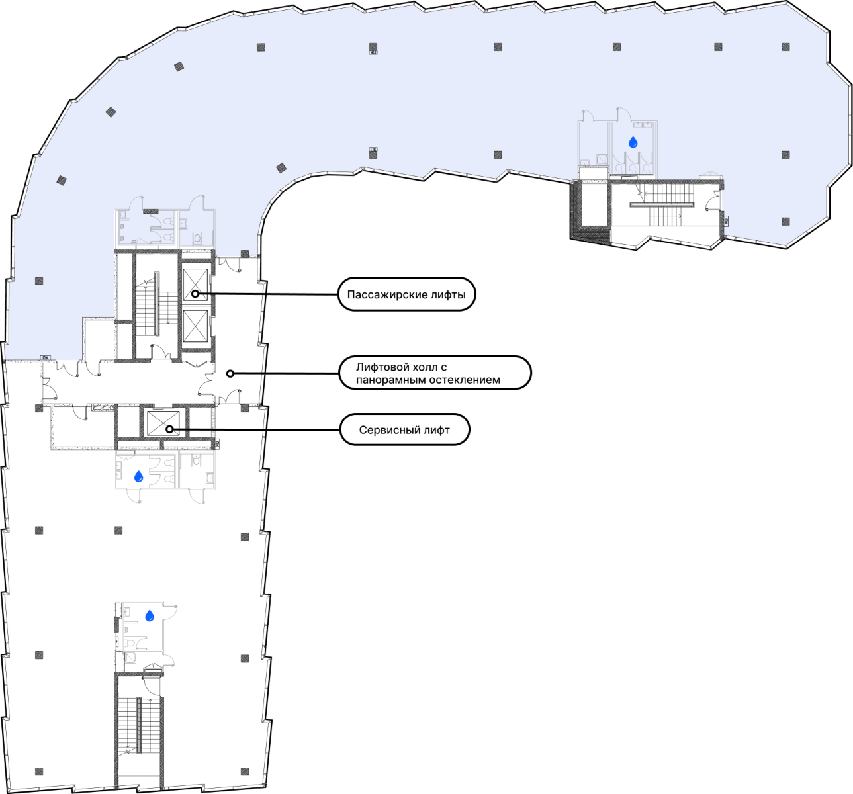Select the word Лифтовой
point(382,367)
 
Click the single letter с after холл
point(444,367)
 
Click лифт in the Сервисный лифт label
point(437,430)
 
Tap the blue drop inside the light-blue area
point(633,142)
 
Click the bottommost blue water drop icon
point(150,616)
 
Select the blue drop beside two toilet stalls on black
point(138,476)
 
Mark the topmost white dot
point(195,293)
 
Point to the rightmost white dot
point(230,374)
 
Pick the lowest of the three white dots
point(169,429)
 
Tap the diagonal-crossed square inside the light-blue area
point(602,159)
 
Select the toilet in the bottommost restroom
point(130,643)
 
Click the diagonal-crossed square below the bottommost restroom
point(130,658)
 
